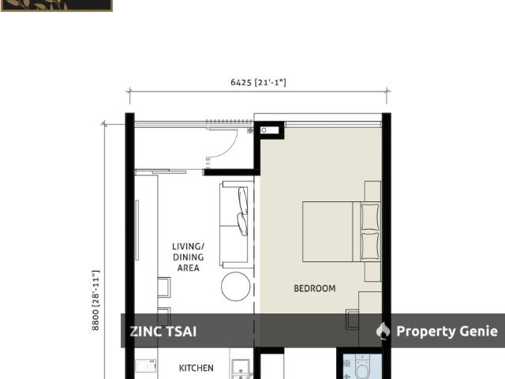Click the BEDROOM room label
click(x=314, y=289)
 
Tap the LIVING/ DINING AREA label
click(x=188, y=257)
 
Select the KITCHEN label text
click(x=196, y=368)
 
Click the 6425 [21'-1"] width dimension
click(x=258, y=82)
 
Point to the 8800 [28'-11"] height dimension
click(x=95, y=299)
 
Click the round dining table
click(x=235, y=286)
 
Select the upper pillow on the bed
click(x=369, y=216)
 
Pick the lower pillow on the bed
click(x=369, y=245)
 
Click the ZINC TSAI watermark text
click(x=163, y=332)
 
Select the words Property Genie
click(x=447, y=332)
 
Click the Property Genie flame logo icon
click(x=383, y=331)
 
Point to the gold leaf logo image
click(x=55, y=5)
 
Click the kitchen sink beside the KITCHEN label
click(x=239, y=367)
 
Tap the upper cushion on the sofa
click(x=243, y=201)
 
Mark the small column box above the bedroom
click(x=269, y=129)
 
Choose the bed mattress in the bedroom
click(x=327, y=231)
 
